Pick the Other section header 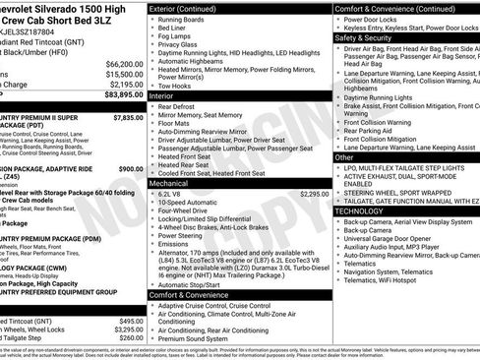[344, 156]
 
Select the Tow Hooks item [178, 86]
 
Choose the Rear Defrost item [180, 107]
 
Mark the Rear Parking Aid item [370, 130]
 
